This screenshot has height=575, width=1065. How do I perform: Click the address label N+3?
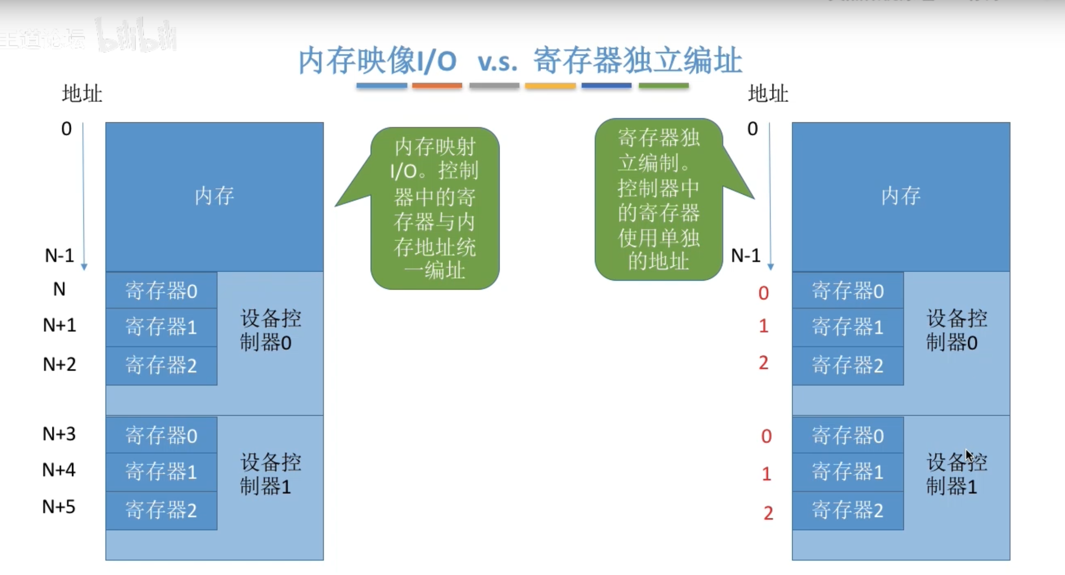pos(59,434)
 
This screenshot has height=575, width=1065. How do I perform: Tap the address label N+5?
pos(59,507)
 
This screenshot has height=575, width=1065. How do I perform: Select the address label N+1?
pos(59,325)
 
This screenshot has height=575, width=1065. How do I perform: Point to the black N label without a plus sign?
pos(59,289)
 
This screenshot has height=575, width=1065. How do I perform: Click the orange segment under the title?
pos(437,86)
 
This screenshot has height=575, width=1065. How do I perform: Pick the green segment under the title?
pos(663,86)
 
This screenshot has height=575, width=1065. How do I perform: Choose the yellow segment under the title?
pos(550,86)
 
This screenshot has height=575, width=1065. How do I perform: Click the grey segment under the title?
pos(494,86)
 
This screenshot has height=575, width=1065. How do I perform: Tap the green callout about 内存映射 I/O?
pos(434,208)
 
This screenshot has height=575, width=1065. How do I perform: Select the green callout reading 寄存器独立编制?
pos(658,199)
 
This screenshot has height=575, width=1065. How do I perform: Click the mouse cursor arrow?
pos(969,456)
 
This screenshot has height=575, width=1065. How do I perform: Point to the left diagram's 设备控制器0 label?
pos(270,331)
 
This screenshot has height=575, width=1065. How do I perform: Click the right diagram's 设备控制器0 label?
pos(956,331)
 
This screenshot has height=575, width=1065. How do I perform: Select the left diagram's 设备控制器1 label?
pos(270,475)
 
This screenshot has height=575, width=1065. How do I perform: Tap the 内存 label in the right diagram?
pos(901,196)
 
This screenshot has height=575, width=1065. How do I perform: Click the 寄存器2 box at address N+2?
pos(161,365)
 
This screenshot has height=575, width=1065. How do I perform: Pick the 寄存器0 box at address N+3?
pos(161,436)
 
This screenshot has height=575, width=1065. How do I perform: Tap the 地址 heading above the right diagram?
pos(768,94)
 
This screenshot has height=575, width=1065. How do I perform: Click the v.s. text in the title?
pos(497,62)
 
